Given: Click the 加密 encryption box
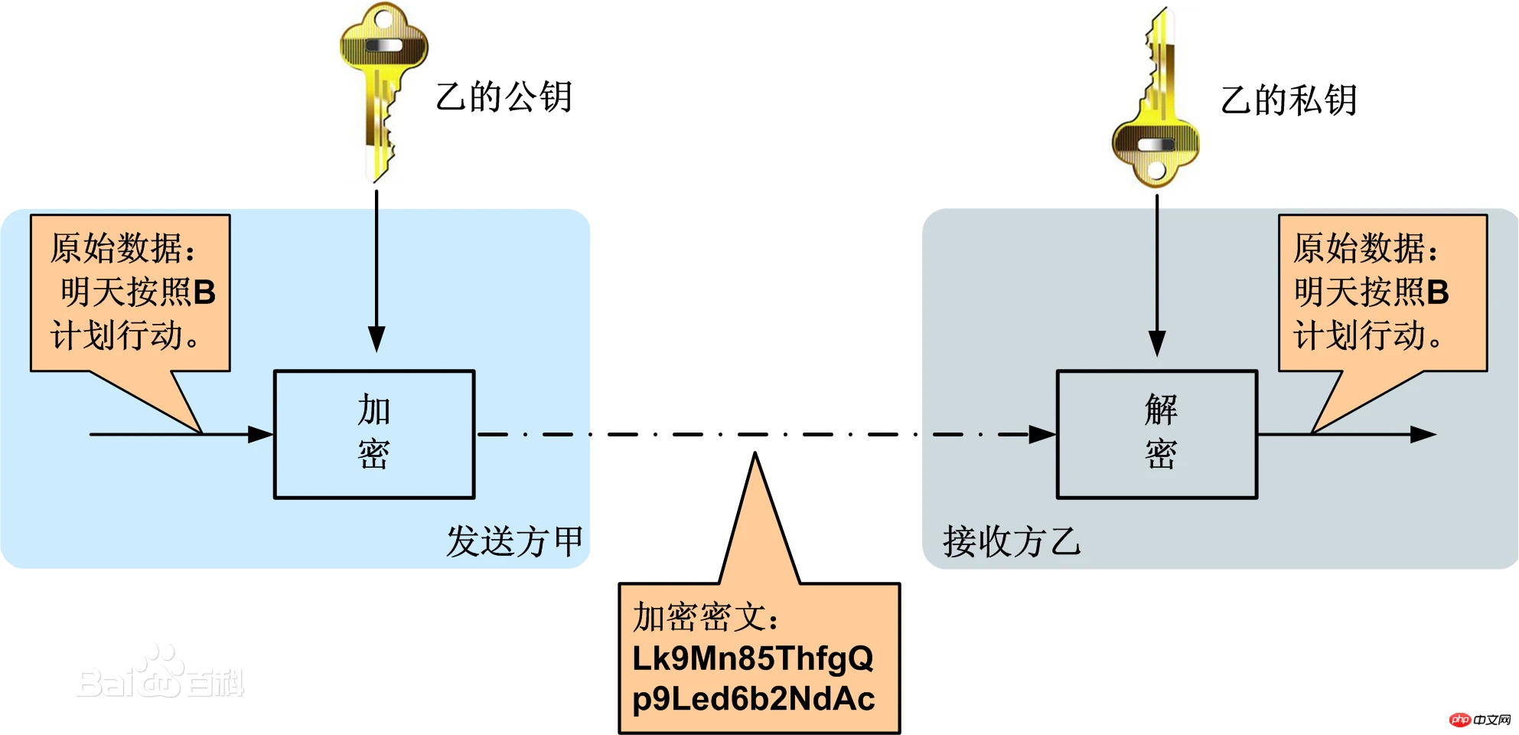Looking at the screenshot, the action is (x=374, y=434).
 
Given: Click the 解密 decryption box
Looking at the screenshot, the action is (x=1157, y=434).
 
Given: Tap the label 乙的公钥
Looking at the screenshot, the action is (x=504, y=97).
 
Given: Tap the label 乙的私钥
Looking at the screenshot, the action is (x=1289, y=100).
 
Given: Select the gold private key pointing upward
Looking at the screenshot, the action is (x=1156, y=100).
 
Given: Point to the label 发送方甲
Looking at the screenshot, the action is (x=515, y=541).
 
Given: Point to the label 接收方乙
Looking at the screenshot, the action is (x=1012, y=541).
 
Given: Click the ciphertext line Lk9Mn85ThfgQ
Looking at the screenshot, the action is (x=753, y=658).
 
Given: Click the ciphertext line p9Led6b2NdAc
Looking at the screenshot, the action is (x=754, y=698).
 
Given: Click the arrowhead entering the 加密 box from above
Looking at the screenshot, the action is (x=376, y=338).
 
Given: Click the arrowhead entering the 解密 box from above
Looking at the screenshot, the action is (x=1157, y=343).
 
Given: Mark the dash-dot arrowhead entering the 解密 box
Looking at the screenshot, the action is (x=1042, y=434).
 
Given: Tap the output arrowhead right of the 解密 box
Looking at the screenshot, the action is (x=1423, y=434).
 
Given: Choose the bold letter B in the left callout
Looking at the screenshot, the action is (x=204, y=292).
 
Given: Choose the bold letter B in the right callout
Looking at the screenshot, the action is (x=1438, y=292).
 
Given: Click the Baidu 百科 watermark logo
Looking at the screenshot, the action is (x=161, y=674).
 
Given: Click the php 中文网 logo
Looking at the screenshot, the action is (x=1481, y=720).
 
